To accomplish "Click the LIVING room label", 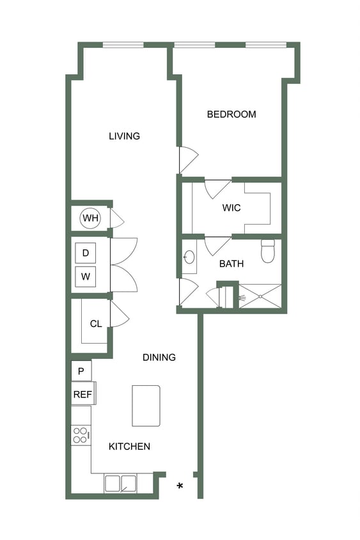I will pyautogui.click(x=124, y=136).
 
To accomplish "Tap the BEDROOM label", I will pyautogui.click(x=231, y=115).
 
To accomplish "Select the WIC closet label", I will pyautogui.click(x=231, y=209).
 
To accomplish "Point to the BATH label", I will pyautogui.click(x=231, y=264).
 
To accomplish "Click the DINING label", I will pyautogui.click(x=159, y=358).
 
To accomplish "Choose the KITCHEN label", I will pyautogui.click(x=129, y=447).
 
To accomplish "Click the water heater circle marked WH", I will pyautogui.click(x=90, y=219).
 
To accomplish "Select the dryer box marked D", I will pyautogui.click(x=86, y=253).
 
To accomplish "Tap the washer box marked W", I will pyautogui.click(x=86, y=278).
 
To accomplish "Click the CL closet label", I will pyautogui.click(x=96, y=324).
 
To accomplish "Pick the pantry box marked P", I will pyautogui.click(x=81, y=371).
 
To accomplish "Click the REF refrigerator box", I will pyautogui.click(x=82, y=394).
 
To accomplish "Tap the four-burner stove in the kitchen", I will pyautogui.click(x=81, y=435).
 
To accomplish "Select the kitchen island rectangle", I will pyautogui.click(x=146, y=406).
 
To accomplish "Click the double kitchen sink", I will pyautogui.click(x=121, y=484).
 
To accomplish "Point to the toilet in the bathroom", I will pyautogui.click(x=268, y=251).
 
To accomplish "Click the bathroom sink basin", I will pyautogui.click(x=189, y=257).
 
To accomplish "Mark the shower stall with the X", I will pyautogui.click(x=260, y=297).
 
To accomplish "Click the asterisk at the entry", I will pyautogui.click(x=180, y=487).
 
